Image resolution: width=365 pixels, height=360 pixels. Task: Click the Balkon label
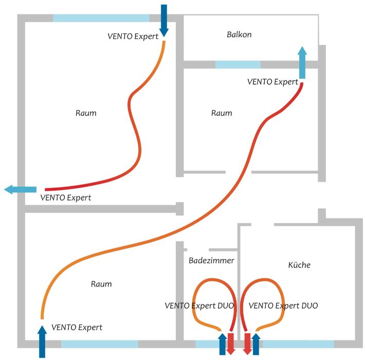tap(239, 34)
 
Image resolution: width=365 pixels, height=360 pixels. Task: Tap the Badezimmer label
tap(211, 260)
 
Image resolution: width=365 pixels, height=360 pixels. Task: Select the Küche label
tap(299, 265)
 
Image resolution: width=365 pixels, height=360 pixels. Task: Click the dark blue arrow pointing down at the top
tap(164, 21)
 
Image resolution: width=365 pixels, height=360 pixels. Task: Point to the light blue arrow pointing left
tap(21, 189)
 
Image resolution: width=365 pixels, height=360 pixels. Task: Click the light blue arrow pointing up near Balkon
tap(302, 62)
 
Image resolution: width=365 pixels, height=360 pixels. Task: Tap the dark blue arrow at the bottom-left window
tap(42, 341)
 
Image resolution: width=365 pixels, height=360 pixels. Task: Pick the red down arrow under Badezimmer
tap(230, 344)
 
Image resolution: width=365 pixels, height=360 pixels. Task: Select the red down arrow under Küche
tap(247, 344)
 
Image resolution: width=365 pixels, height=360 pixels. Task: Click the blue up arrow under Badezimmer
tap(223, 344)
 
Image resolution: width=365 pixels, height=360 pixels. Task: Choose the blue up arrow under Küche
tap(256, 344)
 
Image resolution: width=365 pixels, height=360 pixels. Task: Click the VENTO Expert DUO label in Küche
tap(283, 305)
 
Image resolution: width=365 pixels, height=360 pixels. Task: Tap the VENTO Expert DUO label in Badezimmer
tap(199, 305)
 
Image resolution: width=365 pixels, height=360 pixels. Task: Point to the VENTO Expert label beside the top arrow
tap(133, 37)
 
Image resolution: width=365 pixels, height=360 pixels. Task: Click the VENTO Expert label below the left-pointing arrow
tap(66, 197)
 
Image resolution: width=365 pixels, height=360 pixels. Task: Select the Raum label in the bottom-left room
tap(101, 284)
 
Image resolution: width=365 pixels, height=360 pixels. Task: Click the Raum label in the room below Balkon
tap(222, 113)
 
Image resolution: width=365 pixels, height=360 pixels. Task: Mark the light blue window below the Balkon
tap(238, 64)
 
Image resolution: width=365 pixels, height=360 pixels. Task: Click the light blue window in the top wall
tap(101, 18)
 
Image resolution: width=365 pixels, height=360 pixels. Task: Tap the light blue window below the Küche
tap(298, 344)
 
